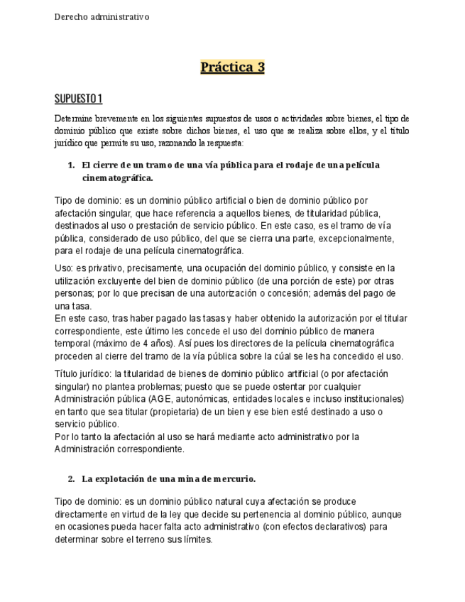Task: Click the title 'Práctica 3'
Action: (232, 67)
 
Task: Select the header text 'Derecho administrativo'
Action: (102, 17)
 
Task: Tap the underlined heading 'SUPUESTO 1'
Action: (78, 98)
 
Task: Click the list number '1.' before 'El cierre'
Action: (71, 165)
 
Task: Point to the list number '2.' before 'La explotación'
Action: (71, 479)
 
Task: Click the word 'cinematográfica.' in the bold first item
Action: (118, 178)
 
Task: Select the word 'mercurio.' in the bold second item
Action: (234, 479)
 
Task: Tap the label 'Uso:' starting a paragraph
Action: (64, 268)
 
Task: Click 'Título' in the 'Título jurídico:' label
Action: (66, 373)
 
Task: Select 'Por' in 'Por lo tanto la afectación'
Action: (62, 437)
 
